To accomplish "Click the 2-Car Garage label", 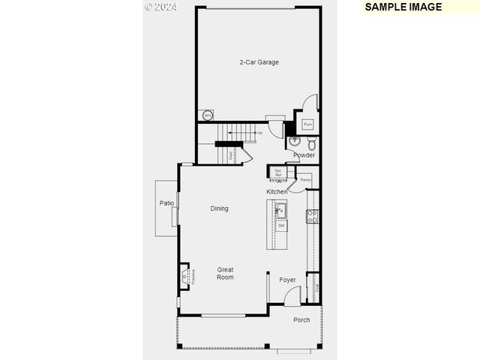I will (x=259, y=62).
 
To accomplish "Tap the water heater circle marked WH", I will (x=207, y=115).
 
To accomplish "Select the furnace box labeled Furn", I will (x=307, y=124).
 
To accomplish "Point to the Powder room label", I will (x=304, y=155).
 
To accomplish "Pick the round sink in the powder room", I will (x=295, y=140).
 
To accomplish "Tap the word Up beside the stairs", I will (x=259, y=133).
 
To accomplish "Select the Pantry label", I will (x=305, y=180).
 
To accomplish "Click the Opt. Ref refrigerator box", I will (x=277, y=173).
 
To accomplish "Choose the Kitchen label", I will (x=277, y=192).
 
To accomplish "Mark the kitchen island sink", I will (x=280, y=210).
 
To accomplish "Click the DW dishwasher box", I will (x=281, y=225).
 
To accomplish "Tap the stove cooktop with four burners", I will (x=312, y=217).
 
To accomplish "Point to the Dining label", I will (x=219, y=208).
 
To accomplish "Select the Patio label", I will (x=166, y=203).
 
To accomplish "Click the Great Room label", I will (x=225, y=274).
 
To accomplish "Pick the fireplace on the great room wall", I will (x=184, y=277).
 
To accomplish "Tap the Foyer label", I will (x=287, y=280).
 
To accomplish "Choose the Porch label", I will (x=301, y=320).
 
